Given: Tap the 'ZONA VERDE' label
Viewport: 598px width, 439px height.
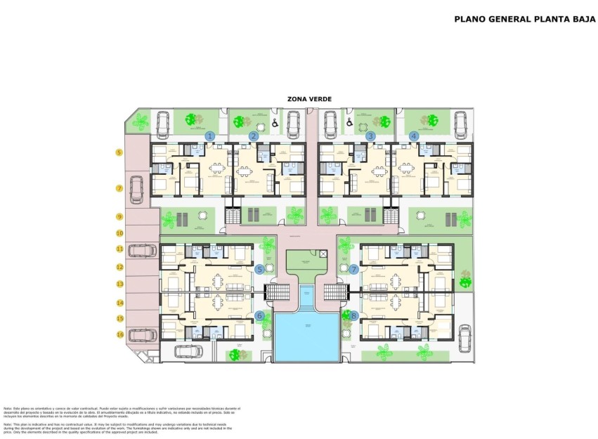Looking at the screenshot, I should pyautogui.click(x=309, y=100).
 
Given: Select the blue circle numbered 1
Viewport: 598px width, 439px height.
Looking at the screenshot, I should pyautogui.click(x=209, y=136).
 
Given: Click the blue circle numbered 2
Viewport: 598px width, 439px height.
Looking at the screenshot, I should pyautogui.click(x=254, y=136).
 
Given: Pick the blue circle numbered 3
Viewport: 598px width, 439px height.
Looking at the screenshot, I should pyautogui.click(x=370, y=136).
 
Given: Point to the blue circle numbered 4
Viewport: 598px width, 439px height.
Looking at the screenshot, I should pyautogui.click(x=414, y=136).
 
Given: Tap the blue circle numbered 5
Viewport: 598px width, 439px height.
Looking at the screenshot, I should pyautogui.click(x=259, y=269).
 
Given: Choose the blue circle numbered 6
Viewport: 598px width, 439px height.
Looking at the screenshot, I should pyautogui.click(x=259, y=316).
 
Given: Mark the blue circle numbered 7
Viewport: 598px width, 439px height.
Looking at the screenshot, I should pyautogui.click(x=353, y=269).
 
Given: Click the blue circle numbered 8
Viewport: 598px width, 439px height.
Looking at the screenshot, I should pyautogui.click(x=353, y=316).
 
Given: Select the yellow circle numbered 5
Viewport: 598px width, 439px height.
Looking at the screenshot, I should pyautogui.click(x=119, y=152).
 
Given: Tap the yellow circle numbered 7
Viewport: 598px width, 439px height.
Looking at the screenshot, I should pyautogui.click(x=119, y=188).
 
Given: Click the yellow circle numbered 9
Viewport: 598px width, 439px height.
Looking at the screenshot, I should pyautogui.click(x=119, y=217).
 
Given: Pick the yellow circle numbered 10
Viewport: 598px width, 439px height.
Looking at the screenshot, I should pyautogui.click(x=119, y=232).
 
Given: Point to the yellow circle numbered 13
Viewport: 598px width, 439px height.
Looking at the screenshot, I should pyautogui.click(x=119, y=284).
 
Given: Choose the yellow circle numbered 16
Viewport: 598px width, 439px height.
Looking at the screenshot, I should pyautogui.click(x=119, y=335).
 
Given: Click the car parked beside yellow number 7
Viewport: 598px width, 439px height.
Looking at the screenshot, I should pyautogui.click(x=138, y=189).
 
